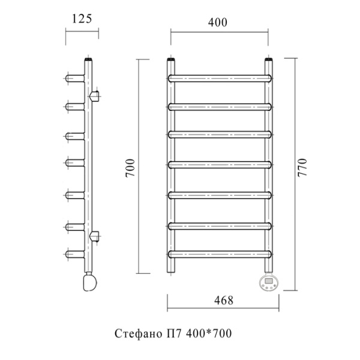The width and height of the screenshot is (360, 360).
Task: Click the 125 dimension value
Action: (82, 19)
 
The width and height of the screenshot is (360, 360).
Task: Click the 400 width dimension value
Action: (218, 23)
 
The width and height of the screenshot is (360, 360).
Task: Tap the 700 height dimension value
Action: (130, 168)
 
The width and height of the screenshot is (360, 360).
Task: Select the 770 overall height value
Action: (302, 167)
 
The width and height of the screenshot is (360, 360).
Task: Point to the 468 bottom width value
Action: (224, 301)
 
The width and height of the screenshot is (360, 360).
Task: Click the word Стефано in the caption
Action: (138, 334)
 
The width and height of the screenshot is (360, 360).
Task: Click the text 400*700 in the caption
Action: (208, 334)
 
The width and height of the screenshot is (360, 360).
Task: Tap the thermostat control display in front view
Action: (269, 281)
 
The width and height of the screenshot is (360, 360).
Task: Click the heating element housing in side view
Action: (90, 282)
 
